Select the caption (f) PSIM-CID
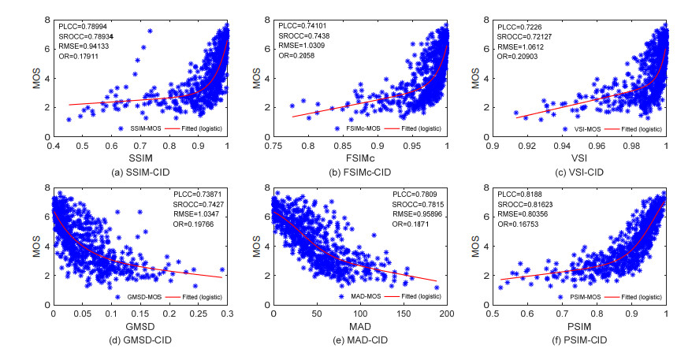(579, 340)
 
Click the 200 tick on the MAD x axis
(446, 314)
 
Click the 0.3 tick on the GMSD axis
(227, 314)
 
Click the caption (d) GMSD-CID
(140, 340)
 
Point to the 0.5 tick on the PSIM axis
(493, 314)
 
